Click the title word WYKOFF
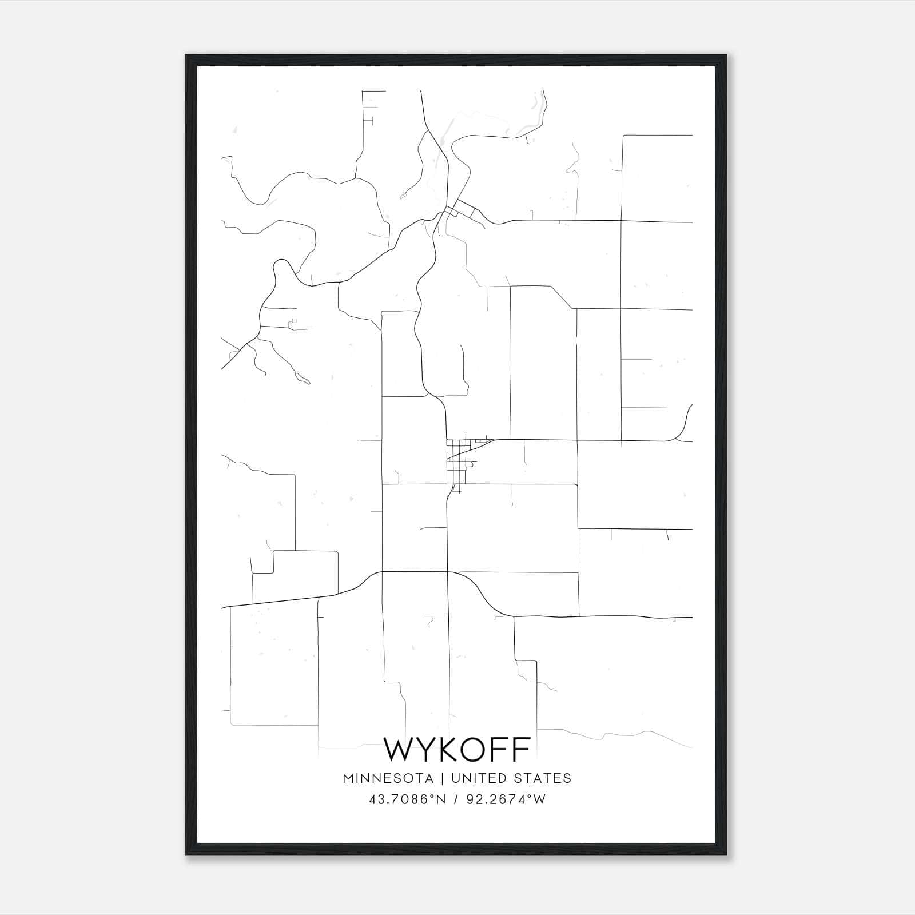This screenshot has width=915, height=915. click(457, 749)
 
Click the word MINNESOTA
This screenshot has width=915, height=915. click(388, 778)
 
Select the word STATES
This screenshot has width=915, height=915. click(542, 778)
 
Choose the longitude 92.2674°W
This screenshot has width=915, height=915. click(505, 799)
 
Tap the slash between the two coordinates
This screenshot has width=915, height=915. click(455, 799)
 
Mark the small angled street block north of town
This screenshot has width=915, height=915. click(463, 209)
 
